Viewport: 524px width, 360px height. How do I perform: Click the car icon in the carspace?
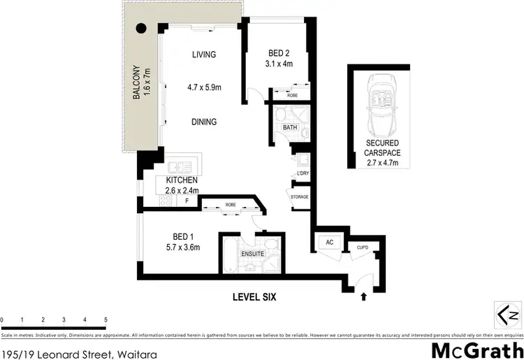[381, 106]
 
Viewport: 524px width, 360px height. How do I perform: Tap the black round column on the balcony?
[140, 29]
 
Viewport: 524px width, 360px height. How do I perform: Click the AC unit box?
[328, 242]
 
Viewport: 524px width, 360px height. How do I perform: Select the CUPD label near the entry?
[362, 247]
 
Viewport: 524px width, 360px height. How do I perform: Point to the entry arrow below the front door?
[363, 296]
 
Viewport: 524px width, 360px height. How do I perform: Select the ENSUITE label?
[252, 253]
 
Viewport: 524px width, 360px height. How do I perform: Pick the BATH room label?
[290, 127]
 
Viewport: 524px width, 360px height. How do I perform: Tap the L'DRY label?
[303, 172]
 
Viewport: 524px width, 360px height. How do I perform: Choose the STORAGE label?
[300, 196]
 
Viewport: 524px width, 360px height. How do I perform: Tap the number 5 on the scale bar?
[105, 319]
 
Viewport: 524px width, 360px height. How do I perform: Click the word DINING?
[204, 122]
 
